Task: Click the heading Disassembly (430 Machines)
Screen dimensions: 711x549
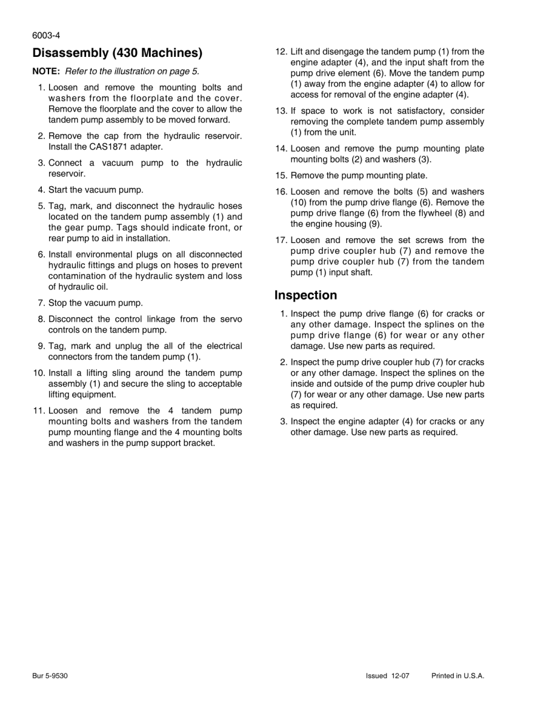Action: click(117, 53)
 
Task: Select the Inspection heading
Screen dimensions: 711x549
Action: click(306, 295)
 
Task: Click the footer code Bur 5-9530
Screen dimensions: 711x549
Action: click(50, 676)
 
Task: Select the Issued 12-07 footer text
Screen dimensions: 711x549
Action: click(388, 676)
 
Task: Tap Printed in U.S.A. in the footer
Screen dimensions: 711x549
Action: click(457, 676)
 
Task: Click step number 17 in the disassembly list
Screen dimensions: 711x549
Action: click(280, 241)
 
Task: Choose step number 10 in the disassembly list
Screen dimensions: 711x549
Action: click(39, 373)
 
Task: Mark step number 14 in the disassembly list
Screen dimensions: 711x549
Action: click(280, 149)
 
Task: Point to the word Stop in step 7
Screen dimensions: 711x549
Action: click(58, 303)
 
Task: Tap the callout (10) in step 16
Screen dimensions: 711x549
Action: click(300, 203)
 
